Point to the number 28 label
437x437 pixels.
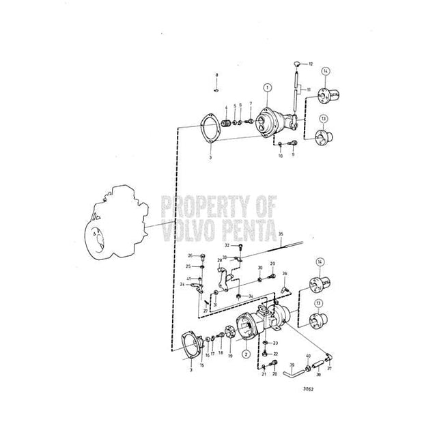click(220, 260)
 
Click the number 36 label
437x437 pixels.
click(285, 274)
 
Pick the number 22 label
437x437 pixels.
click(276, 354)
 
